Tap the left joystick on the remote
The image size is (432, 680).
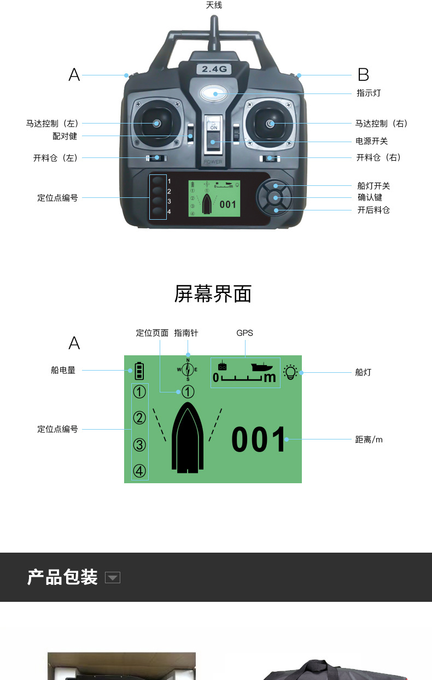click(156, 123)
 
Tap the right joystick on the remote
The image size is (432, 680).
click(270, 124)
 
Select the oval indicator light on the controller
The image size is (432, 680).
click(215, 93)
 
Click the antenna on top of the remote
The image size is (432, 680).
click(214, 33)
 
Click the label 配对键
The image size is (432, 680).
click(65, 136)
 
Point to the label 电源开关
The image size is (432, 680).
click(372, 141)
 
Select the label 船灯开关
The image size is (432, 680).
click(373, 186)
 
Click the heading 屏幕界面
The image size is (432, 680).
click(213, 294)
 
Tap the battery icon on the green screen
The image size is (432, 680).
click(139, 371)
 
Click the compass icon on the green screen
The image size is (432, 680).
click(188, 370)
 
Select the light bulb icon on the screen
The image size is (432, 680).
click(290, 372)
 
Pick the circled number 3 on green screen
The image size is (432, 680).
click(140, 444)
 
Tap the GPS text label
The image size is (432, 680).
click(244, 333)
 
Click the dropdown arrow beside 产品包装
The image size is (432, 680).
click(112, 578)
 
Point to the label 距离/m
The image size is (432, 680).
click(369, 439)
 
